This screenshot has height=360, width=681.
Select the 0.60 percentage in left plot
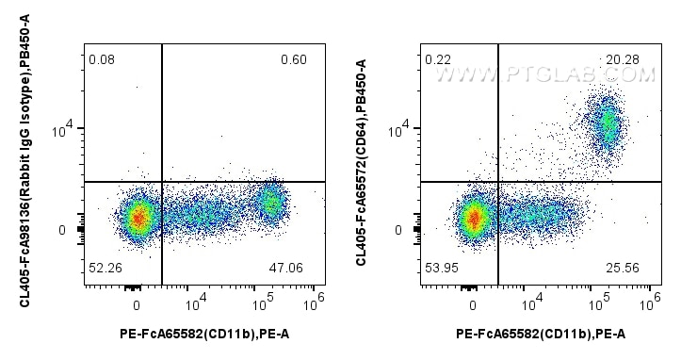(x=293, y=60)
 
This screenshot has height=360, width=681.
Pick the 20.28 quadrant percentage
(x=624, y=60)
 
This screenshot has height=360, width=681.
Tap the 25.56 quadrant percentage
(x=624, y=268)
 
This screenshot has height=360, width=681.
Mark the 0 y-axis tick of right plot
(x=401, y=230)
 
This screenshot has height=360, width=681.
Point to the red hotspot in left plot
(x=138, y=218)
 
